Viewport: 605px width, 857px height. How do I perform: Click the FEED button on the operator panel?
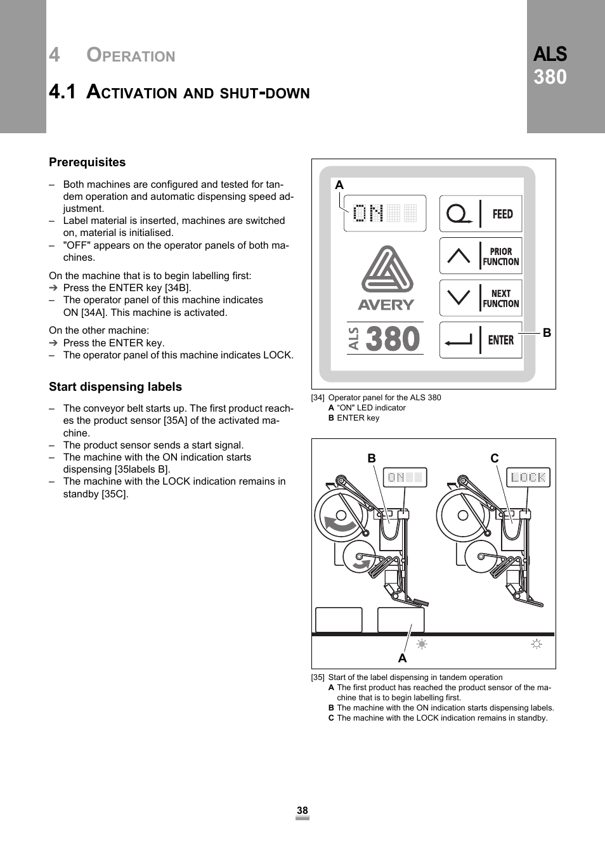click(481, 214)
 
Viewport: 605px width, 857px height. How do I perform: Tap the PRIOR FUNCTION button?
click(481, 256)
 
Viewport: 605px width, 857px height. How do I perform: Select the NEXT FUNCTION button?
click(481, 298)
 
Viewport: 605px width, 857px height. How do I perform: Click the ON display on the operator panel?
click(385, 213)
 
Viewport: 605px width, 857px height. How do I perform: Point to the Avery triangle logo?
click(387, 270)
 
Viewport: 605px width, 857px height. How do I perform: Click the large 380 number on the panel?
click(393, 339)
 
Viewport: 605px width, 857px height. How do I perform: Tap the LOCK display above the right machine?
click(528, 478)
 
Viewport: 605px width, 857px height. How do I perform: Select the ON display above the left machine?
click(405, 478)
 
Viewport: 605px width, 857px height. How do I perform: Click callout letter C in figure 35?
click(495, 458)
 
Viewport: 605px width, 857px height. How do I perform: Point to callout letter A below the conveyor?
click(402, 658)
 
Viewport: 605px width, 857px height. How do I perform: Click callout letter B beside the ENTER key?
click(547, 333)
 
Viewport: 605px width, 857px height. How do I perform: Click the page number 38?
click(302, 811)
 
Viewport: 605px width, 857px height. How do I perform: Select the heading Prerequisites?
click(88, 162)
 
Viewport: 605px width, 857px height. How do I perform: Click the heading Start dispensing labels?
click(115, 387)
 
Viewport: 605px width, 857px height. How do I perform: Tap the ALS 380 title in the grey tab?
click(550, 65)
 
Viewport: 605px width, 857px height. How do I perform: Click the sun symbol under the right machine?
click(537, 644)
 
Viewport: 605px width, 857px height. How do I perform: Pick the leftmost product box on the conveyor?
click(339, 620)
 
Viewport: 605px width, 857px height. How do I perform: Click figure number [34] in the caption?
click(318, 398)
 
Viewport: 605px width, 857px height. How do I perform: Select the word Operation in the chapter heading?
click(131, 55)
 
